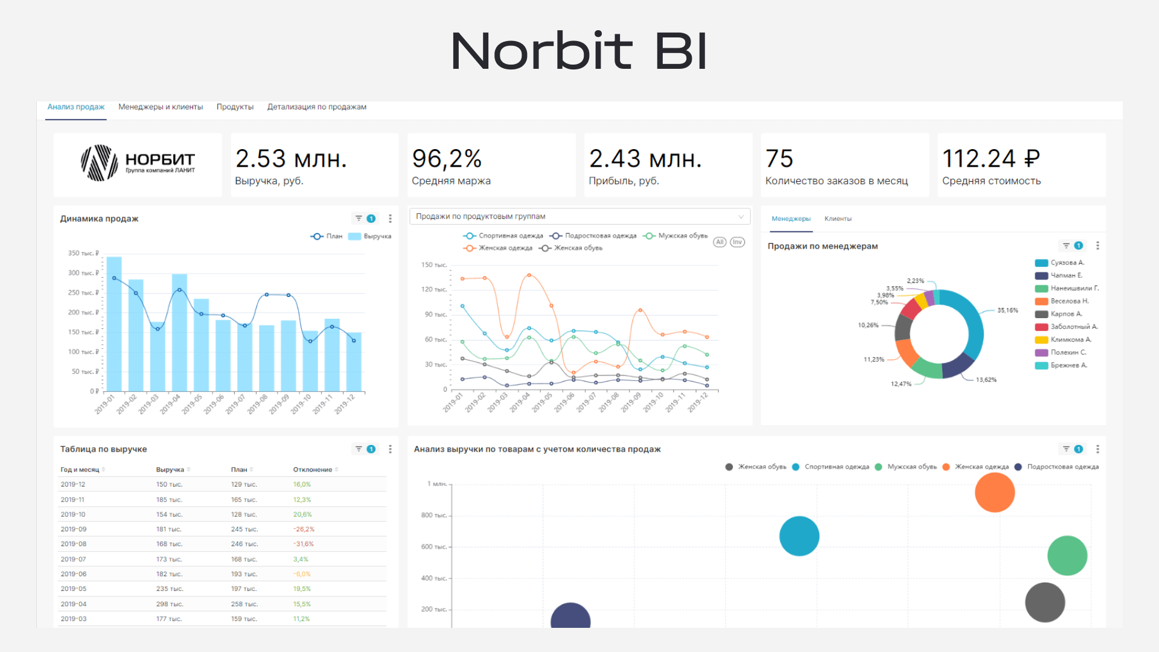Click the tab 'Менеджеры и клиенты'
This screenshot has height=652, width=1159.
(161, 107)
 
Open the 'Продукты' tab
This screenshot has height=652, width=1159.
(235, 107)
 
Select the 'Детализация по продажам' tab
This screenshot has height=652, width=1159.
(316, 107)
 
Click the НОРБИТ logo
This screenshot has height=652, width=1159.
(138, 163)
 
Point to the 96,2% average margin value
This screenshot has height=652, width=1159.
(447, 159)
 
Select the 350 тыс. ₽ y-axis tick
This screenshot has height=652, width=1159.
(83, 254)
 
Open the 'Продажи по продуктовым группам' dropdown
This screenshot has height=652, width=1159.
(579, 216)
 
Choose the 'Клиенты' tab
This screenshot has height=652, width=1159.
(838, 219)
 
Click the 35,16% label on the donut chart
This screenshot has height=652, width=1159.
(1007, 310)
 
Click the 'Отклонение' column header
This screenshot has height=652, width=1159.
(313, 470)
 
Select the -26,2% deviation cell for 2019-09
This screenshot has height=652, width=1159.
(304, 529)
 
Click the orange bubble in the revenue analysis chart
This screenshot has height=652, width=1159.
(994, 493)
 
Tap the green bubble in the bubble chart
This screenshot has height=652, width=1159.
(1067, 555)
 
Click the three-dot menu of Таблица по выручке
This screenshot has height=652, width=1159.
(391, 449)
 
